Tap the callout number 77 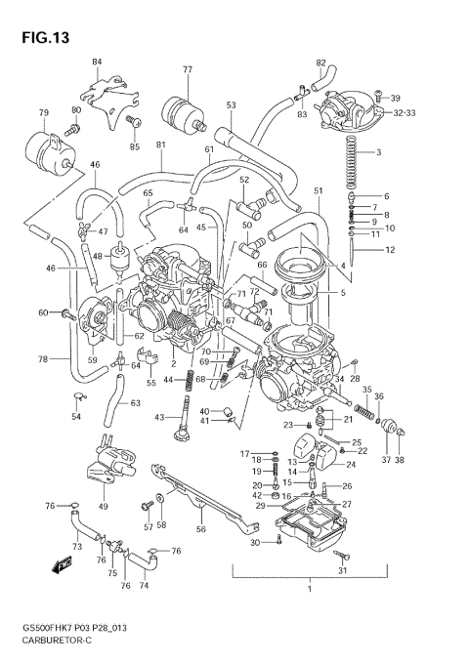(x=188, y=70)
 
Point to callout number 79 (x=43, y=114)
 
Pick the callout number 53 (x=232, y=105)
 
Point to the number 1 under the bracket (x=309, y=589)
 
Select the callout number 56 (x=200, y=528)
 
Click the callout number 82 (x=320, y=63)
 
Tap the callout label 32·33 (x=405, y=113)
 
